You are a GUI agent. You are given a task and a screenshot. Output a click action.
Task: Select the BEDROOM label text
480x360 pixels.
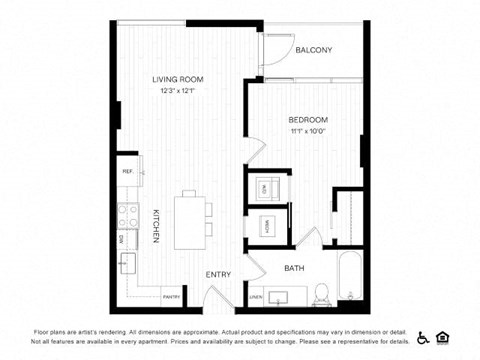pos(309,120)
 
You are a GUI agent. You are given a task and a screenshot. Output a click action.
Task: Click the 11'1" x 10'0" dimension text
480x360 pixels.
pos(309,131)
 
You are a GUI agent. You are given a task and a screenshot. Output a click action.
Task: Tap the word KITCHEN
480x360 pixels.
pos(157,226)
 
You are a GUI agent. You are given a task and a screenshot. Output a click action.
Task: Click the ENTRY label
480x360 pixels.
pos(219,275)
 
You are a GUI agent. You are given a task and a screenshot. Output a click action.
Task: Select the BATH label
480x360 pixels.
pos(294,268)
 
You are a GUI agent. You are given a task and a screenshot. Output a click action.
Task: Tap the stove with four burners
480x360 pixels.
pos(128,216)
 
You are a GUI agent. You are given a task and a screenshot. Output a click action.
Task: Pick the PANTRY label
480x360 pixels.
pos(171,297)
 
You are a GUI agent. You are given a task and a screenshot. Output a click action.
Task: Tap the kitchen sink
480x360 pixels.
pos(128,264)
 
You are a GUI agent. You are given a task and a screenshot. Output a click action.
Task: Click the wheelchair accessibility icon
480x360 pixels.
pos(423,337)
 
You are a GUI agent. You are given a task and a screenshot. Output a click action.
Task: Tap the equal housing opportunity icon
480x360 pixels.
pos(443,337)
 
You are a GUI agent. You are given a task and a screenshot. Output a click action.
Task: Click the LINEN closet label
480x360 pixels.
pos(256,297)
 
